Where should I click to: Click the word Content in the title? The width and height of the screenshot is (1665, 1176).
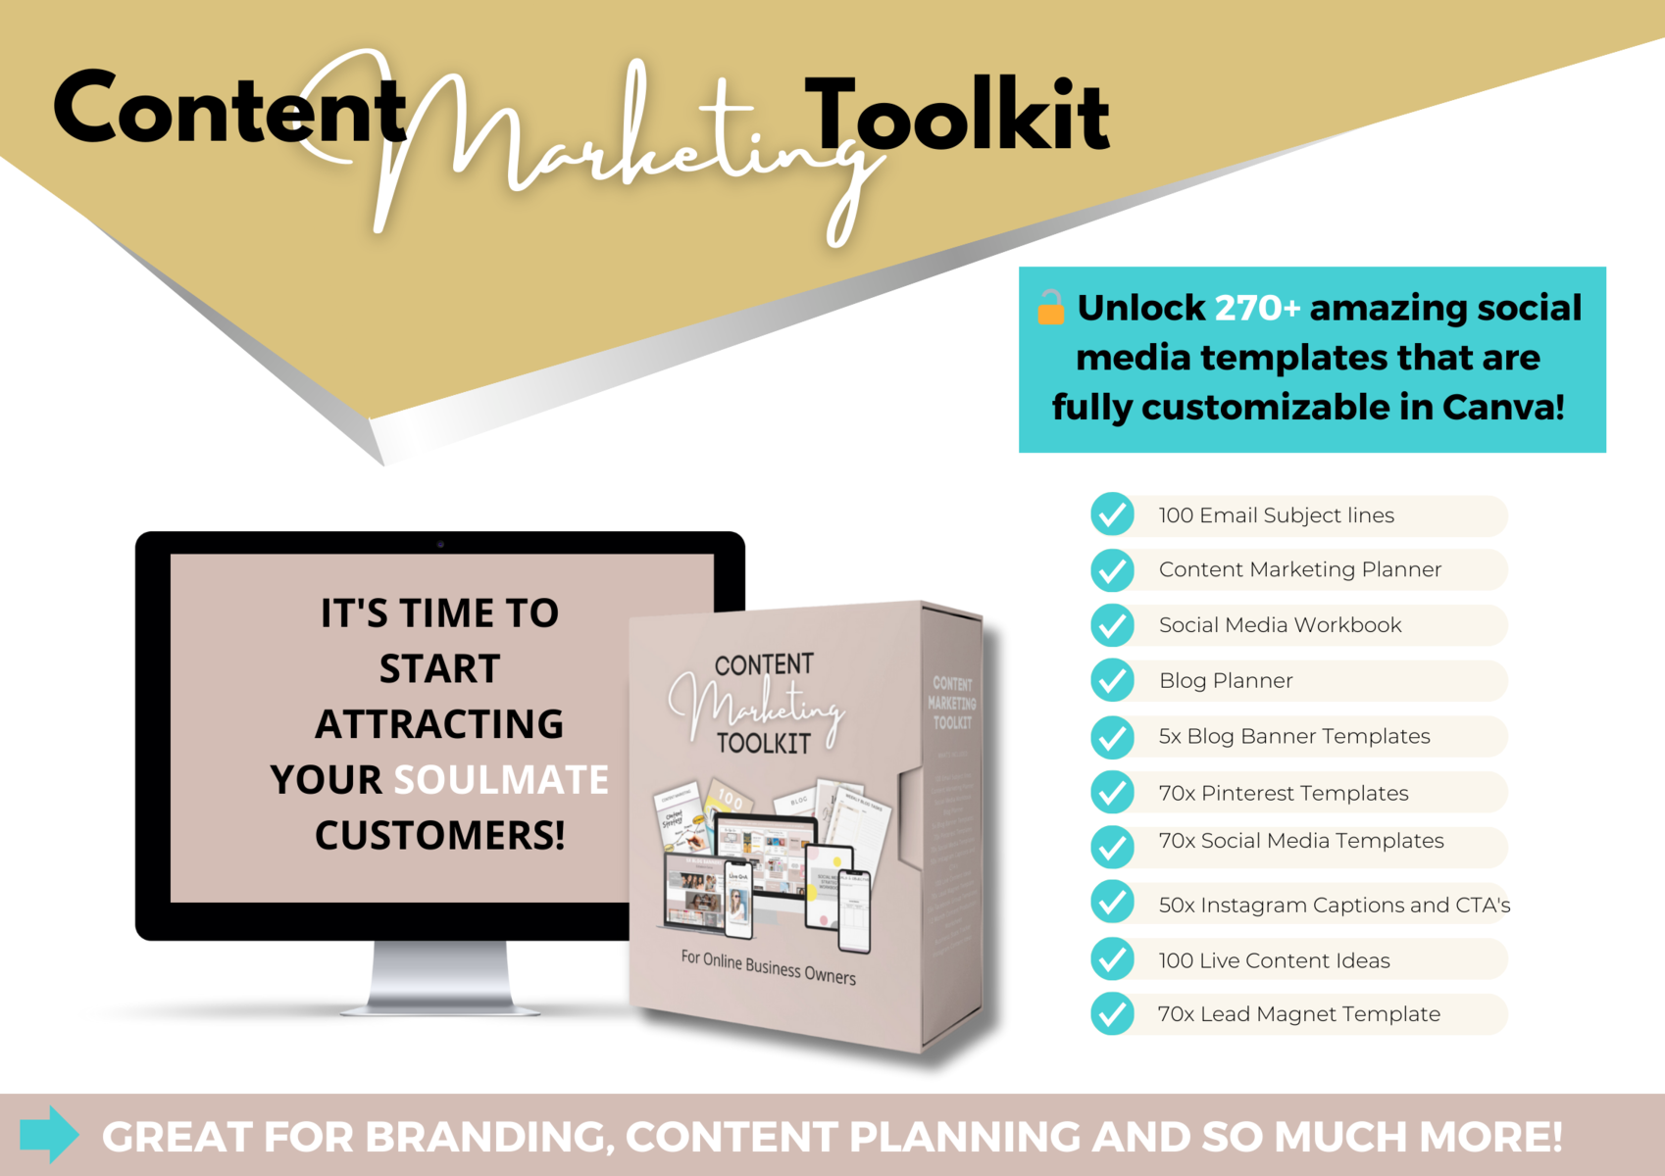pyautogui.click(x=229, y=110)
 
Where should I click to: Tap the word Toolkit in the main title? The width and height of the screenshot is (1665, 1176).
pyautogui.click(x=957, y=116)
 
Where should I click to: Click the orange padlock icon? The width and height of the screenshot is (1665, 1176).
pyautogui.click(x=1051, y=308)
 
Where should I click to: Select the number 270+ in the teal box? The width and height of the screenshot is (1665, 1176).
pyautogui.click(x=1257, y=308)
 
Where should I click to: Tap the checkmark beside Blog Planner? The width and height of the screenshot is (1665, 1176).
pyautogui.click(x=1113, y=680)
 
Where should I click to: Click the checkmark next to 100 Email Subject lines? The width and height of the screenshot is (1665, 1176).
pyautogui.click(x=1113, y=514)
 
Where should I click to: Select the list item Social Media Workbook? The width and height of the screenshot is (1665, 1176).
pyautogui.click(x=1280, y=625)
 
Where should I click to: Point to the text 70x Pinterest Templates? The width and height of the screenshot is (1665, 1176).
pyautogui.click(x=1284, y=793)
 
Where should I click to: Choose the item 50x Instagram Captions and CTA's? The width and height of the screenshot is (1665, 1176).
pyautogui.click(x=1334, y=905)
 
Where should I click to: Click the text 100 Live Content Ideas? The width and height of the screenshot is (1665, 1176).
pyautogui.click(x=1274, y=960)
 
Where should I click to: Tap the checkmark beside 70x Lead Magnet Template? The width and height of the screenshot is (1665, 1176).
pyautogui.click(x=1113, y=1014)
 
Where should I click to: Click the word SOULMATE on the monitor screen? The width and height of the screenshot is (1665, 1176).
pyautogui.click(x=501, y=780)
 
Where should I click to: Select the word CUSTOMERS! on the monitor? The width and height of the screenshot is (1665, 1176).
pyautogui.click(x=439, y=836)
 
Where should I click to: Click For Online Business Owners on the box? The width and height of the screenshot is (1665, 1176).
pyautogui.click(x=768, y=967)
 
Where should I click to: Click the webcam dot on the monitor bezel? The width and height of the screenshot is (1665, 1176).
pyautogui.click(x=440, y=544)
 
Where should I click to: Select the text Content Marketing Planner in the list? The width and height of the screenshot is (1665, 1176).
pyautogui.click(x=1299, y=569)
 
